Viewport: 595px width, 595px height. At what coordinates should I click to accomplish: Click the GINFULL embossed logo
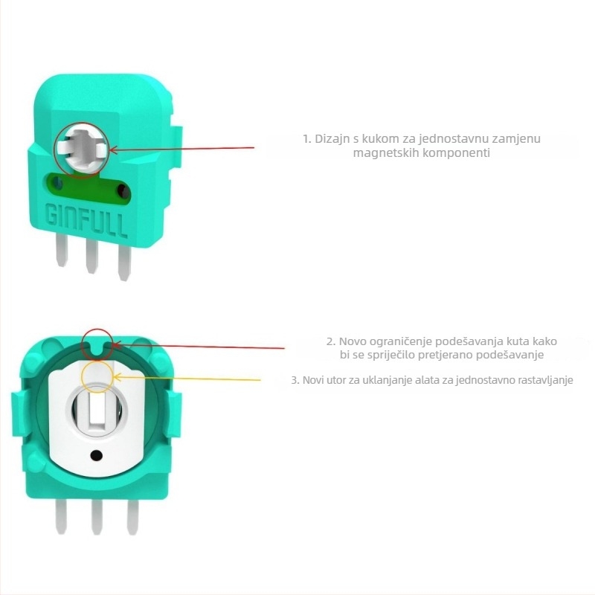[x=86, y=220]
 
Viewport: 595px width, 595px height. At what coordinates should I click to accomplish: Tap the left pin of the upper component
[x=61, y=249]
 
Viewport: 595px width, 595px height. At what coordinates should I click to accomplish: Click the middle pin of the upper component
[x=91, y=256]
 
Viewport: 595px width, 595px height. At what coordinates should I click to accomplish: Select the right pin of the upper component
[x=124, y=263]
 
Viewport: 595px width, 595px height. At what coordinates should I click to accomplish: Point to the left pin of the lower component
[x=61, y=516]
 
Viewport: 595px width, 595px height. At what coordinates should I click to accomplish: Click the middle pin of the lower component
[x=97, y=517]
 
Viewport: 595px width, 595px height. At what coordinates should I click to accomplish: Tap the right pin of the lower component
[x=132, y=517]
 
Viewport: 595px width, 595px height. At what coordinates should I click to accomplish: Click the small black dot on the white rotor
[x=97, y=455]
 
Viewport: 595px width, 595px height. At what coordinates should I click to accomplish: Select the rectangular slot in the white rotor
[x=97, y=412]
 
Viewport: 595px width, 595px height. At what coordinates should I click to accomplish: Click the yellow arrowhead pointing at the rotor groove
[x=118, y=377]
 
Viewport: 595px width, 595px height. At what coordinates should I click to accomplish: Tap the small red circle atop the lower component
[x=98, y=344]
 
